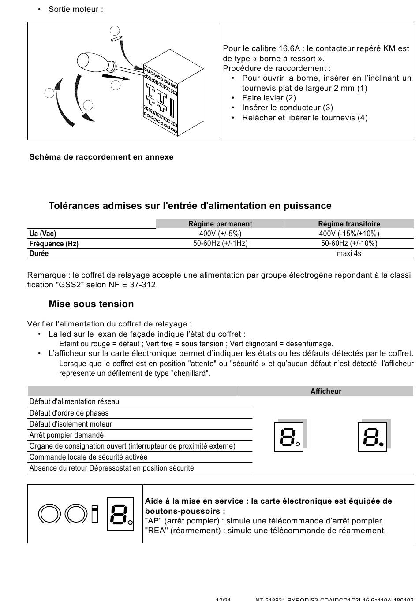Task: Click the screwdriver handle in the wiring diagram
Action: (x=90, y=61)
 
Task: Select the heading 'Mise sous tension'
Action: (x=91, y=304)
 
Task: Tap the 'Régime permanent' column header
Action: (x=220, y=224)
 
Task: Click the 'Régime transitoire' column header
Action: (x=349, y=224)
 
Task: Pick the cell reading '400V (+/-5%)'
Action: (x=220, y=234)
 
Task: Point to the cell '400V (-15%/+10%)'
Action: (x=349, y=234)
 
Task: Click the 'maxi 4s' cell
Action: (x=349, y=253)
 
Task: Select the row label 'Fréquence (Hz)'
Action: (x=54, y=244)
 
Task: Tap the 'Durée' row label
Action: (x=39, y=253)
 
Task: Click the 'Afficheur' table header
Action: (x=326, y=391)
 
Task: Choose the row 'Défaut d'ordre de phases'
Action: (x=69, y=413)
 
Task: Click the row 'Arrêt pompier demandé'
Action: (x=67, y=435)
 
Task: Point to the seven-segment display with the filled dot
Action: (x=372, y=437)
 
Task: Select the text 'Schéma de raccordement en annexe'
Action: (x=101, y=157)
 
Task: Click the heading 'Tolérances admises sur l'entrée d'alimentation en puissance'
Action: (x=190, y=206)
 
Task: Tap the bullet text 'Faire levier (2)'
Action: (x=269, y=98)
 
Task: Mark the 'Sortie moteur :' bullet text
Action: (x=75, y=9)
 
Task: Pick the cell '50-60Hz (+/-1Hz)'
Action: (x=220, y=243)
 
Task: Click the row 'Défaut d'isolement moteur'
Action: (x=71, y=424)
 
